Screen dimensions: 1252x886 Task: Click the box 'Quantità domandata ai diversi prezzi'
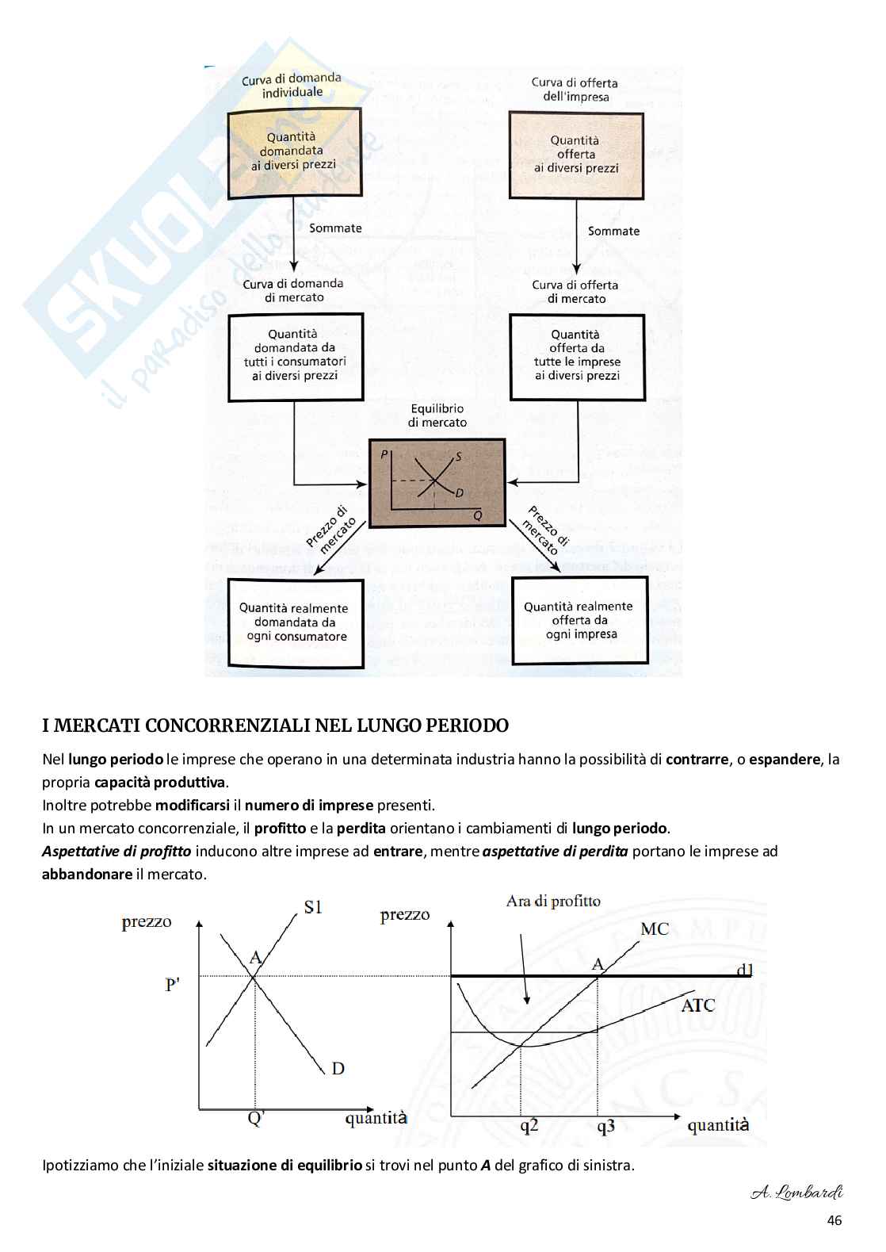294,152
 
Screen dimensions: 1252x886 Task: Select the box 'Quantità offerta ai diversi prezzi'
575,154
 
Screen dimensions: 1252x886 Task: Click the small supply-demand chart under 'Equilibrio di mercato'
437,482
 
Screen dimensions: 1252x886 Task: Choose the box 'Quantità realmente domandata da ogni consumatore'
296,622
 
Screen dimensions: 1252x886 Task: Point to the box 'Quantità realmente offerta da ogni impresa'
579,620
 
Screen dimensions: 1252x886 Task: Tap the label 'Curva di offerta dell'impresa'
575,89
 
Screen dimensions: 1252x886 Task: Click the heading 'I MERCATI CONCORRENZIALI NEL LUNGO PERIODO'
275,726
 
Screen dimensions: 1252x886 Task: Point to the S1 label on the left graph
313,907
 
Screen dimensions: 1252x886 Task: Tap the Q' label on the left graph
256,1118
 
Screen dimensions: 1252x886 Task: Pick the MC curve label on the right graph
655,928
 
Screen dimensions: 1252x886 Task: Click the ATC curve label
698,1005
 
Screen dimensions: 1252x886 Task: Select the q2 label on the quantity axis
529,1126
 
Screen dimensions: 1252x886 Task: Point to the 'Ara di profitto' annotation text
553,901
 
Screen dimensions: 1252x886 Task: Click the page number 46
834,1220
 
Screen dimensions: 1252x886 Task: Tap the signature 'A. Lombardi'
796,1193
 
